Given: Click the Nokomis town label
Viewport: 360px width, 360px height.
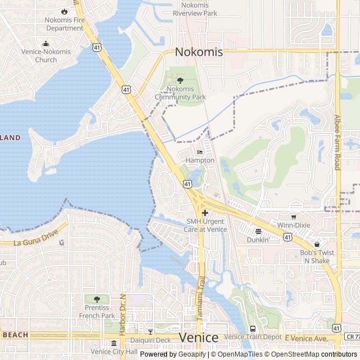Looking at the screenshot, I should point(199,52).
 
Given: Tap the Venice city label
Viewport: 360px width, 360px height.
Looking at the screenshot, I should point(199,337).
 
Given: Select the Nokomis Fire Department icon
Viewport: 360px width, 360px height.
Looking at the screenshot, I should point(64,11).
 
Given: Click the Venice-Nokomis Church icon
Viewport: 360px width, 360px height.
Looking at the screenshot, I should point(46,44).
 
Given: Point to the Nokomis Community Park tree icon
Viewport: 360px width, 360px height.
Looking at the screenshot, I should point(180,81).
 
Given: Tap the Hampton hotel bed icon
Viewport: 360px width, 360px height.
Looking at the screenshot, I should point(200,152).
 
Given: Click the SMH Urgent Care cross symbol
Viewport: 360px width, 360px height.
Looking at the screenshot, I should point(205,213).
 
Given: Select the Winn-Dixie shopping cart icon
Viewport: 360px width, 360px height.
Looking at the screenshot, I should point(293,217).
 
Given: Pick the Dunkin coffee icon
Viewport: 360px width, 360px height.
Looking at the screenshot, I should point(258,231).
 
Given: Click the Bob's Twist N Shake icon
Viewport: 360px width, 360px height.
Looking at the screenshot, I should point(317,245).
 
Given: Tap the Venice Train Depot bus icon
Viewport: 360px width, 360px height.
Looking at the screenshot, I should point(252,328).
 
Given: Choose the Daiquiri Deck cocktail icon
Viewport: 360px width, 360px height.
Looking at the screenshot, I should point(150,331).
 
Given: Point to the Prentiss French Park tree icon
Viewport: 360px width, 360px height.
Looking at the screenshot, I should point(97,299).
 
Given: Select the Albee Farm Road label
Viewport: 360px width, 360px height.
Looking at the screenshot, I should point(337,142).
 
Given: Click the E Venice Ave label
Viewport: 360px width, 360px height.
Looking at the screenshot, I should point(305,338).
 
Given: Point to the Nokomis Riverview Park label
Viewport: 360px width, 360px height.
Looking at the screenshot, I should point(195,9).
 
